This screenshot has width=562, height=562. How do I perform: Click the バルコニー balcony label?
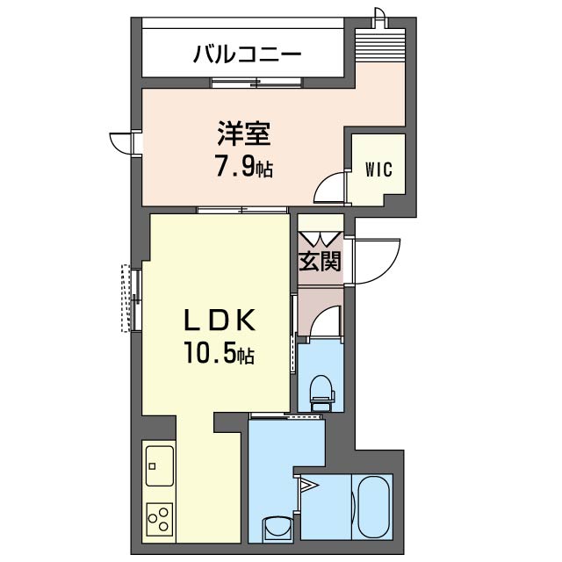248,54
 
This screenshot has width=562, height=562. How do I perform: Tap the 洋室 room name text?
244,135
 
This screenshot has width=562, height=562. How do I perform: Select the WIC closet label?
378,169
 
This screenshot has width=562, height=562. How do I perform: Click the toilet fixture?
321,390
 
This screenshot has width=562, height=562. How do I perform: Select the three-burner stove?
159,518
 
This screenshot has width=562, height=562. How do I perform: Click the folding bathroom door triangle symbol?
308,484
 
